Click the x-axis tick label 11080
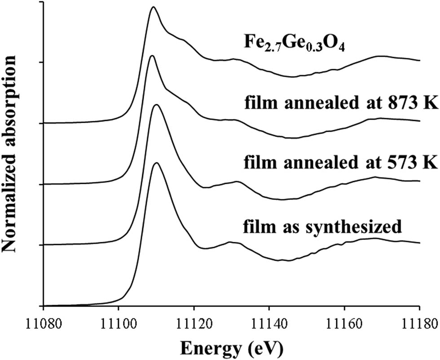coord(43,323)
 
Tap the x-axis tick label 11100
coord(119,323)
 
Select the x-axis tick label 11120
coord(194,323)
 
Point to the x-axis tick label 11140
coord(269,323)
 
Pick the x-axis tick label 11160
coord(344,323)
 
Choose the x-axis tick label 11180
coord(419,323)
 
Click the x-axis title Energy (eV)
coord(231,347)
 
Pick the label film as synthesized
coord(322,226)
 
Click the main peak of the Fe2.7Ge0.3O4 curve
coord(154,7)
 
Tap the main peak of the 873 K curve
coord(152,56)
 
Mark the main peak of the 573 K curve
coord(156,105)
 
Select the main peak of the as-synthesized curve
coord(157,163)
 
